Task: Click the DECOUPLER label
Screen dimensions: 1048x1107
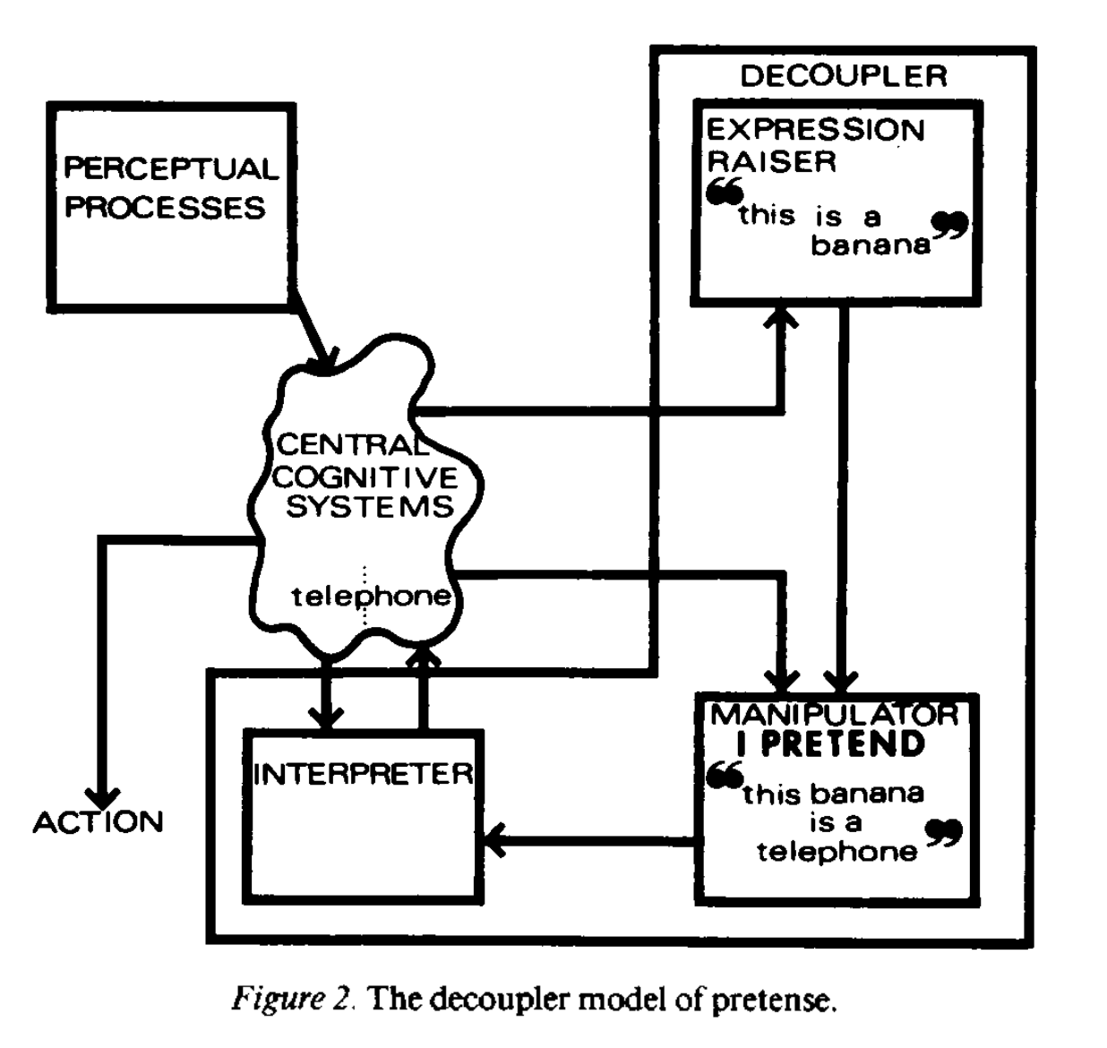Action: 843,76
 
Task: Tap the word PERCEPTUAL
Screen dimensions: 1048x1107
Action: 170,168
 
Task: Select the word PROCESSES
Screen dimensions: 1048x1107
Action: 165,208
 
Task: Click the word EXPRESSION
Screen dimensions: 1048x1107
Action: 815,130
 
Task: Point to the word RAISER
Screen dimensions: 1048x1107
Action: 771,161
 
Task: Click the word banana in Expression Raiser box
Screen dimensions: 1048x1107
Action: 871,245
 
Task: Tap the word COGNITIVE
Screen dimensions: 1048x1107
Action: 365,477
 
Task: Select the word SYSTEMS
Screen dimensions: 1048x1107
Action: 370,507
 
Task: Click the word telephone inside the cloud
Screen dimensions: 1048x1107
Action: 371,596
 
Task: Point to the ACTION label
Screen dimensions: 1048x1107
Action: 99,822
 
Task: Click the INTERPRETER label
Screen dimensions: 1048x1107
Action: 363,774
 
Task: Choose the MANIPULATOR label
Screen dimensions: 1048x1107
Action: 834,714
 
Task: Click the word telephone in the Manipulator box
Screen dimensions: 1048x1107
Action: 837,851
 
